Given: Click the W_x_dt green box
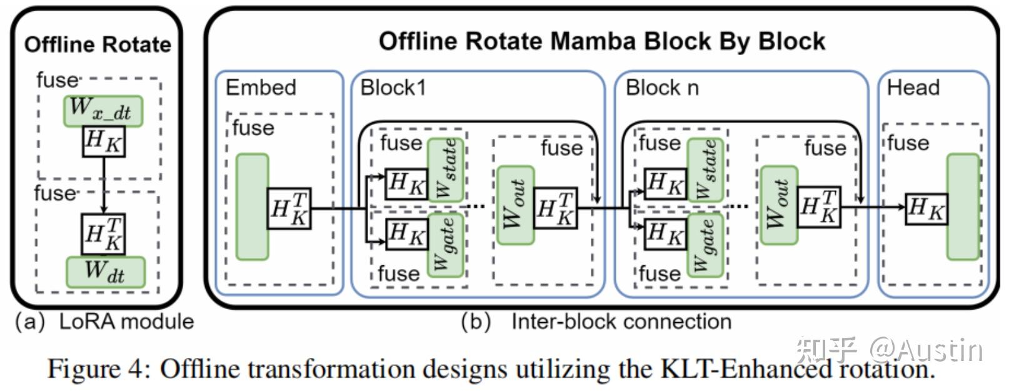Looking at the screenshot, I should pyautogui.click(x=103, y=111).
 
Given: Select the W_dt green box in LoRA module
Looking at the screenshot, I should pyautogui.click(x=105, y=272).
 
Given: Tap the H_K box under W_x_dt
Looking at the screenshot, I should pyautogui.click(x=104, y=141).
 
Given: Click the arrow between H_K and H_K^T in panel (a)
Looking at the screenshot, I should pyautogui.click(x=104, y=184).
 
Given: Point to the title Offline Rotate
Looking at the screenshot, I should pyautogui.click(x=97, y=44).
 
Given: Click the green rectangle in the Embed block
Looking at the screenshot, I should pyautogui.click(x=252, y=207).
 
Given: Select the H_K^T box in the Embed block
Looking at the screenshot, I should pyautogui.click(x=289, y=208).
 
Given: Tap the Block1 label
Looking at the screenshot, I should pyautogui.click(x=393, y=88).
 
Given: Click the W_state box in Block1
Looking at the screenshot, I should pyautogui.click(x=446, y=170).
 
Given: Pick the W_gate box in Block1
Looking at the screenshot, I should pyautogui.click(x=446, y=245).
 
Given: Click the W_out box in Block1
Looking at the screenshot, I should pyautogui.click(x=515, y=205).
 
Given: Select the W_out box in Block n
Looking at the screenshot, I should pyautogui.click(x=779, y=205).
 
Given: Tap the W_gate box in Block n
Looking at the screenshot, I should pyautogui.click(x=705, y=245).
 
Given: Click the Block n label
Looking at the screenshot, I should pyautogui.click(x=661, y=88).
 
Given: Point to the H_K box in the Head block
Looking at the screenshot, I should pyautogui.click(x=926, y=208).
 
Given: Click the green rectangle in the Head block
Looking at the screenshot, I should pyautogui.click(x=963, y=207).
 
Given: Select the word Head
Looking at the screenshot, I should pyautogui.click(x=913, y=88).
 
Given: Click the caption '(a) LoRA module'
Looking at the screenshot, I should pyautogui.click(x=104, y=322).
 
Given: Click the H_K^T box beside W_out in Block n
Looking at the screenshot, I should pyautogui.click(x=818, y=206).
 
